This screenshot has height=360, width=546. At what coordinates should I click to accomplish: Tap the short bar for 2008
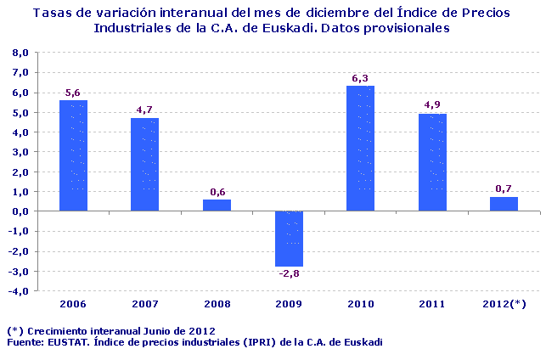tap(217, 205)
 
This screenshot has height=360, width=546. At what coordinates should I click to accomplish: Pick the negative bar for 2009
tap(289, 239)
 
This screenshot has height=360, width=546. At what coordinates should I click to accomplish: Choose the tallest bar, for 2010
tap(360, 149)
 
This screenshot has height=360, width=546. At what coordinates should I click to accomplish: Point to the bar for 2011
tap(432, 162)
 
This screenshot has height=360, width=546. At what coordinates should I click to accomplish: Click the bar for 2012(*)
tap(504, 204)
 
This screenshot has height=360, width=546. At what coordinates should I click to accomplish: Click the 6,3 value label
tap(360, 78)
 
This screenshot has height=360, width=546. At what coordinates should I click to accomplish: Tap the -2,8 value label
tap(289, 273)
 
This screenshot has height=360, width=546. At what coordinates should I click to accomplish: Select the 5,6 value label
tap(73, 93)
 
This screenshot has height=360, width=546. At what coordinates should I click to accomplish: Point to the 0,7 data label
tap(504, 188)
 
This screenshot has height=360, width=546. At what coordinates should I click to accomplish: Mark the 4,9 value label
tap(432, 105)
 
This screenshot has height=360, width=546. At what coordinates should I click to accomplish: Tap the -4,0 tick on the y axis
tap(20, 290)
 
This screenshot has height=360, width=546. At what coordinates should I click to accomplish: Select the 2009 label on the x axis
tap(289, 303)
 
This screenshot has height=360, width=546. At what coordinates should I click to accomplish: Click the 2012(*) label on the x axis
tap(504, 303)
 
